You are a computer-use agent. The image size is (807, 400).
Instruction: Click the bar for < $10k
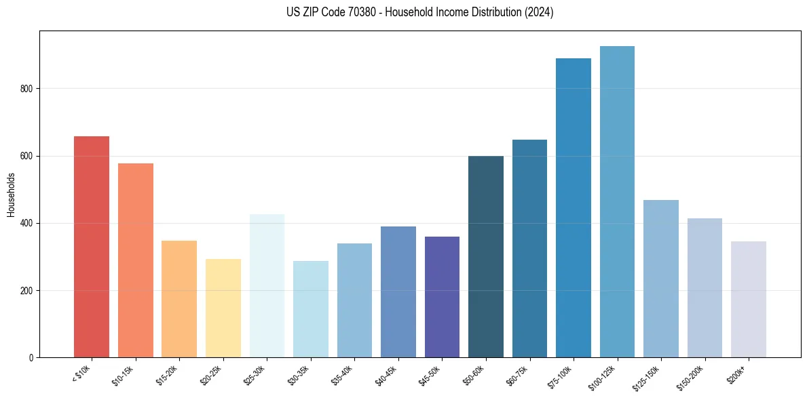coord(92,247)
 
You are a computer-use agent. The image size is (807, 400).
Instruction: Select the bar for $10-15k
coord(135,261)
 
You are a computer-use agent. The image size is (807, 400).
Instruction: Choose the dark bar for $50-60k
coord(486,257)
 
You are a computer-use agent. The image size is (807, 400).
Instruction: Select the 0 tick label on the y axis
coord(31,358)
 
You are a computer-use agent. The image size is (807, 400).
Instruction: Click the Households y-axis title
coord(11,195)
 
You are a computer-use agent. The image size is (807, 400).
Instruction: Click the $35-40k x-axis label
coord(345,376)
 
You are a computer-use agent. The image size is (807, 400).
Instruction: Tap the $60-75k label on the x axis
coord(521,376)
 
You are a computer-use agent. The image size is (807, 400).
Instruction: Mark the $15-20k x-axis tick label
coord(170,376)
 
